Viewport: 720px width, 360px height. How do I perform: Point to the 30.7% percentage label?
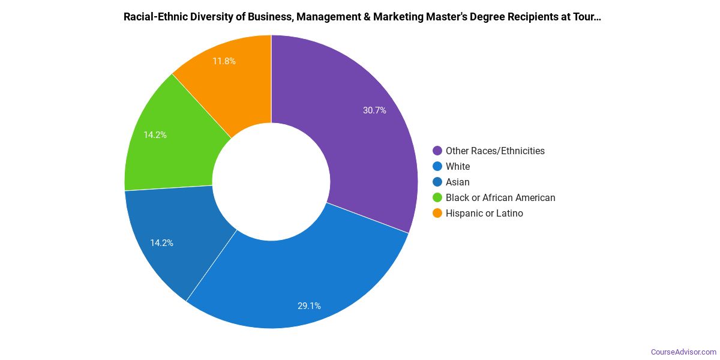pyautogui.click(x=374, y=110)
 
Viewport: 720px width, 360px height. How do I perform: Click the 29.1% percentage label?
pyautogui.click(x=309, y=306)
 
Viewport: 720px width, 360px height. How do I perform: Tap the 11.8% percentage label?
pyautogui.click(x=224, y=61)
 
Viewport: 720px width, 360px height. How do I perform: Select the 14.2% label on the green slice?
pyautogui.click(x=155, y=135)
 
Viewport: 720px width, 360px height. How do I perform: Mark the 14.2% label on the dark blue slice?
pyautogui.click(x=161, y=243)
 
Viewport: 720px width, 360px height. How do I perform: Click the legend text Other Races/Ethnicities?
pyautogui.click(x=495, y=151)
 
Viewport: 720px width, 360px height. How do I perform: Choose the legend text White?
pyautogui.click(x=458, y=167)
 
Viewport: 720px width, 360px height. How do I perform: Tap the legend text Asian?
pyautogui.click(x=458, y=182)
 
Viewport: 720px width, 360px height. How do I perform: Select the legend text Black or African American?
pyautogui.click(x=500, y=198)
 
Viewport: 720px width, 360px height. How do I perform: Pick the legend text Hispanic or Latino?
pyautogui.click(x=484, y=214)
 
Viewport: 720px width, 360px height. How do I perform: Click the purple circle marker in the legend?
pyautogui.click(x=437, y=151)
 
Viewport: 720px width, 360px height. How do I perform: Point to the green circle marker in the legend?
pyautogui.click(x=437, y=198)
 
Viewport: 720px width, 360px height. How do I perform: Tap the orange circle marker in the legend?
pyautogui.click(x=437, y=214)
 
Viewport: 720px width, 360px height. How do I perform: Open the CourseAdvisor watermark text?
pyautogui.click(x=683, y=352)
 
